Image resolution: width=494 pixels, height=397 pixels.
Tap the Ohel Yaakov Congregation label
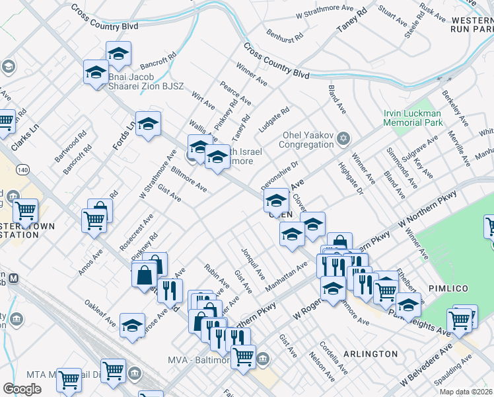pyautogui.click(x=306, y=140)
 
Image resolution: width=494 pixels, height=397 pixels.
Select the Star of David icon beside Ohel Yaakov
pyautogui.click(x=342, y=138)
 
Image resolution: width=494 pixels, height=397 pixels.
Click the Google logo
pyautogui.click(x=22, y=389)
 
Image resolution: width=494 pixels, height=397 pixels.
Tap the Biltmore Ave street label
pyautogui.click(x=189, y=179)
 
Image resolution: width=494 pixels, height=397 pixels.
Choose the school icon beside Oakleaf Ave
pyautogui.click(x=133, y=325)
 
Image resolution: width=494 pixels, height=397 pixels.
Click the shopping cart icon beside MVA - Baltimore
pyautogui.click(x=244, y=356)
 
